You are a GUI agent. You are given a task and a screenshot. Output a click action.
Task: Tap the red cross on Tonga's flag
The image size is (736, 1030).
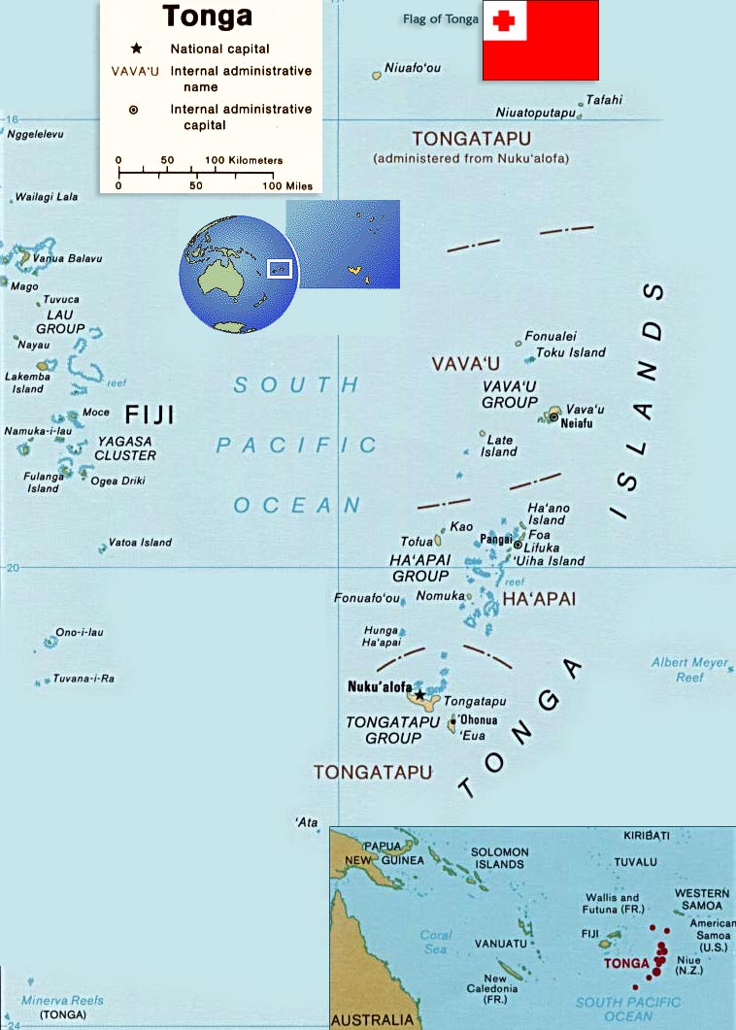pyautogui.click(x=504, y=20)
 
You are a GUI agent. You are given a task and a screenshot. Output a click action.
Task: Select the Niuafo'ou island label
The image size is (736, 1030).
pyautogui.click(x=413, y=68)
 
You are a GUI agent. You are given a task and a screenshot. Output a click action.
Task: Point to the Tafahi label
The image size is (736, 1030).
pyautogui.click(x=604, y=99)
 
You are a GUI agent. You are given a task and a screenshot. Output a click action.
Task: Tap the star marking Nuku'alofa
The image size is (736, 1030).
pyautogui.click(x=419, y=695)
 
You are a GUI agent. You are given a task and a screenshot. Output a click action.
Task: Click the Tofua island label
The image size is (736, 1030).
pyautogui.click(x=416, y=542)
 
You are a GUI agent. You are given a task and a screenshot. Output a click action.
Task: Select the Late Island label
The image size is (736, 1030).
pyautogui.click(x=499, y=446)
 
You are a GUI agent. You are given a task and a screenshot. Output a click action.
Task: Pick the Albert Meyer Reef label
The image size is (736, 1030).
pyautogui.click(x=689, y=670)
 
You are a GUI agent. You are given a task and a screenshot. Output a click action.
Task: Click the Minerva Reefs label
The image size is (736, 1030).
pyautogui.click(x=62, y=1001)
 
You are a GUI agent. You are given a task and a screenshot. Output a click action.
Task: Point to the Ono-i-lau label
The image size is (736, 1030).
pyautogui.click(x=79, y=633)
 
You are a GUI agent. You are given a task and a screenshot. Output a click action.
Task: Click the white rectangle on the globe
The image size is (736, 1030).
pyautogui.click(x=280, y=268)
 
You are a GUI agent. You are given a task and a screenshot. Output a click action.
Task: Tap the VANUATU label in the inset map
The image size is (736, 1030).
pyautogui.click(x=501, y=944)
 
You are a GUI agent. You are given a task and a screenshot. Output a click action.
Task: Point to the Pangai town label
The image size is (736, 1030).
pyautogui.click(x=497, y=539)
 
